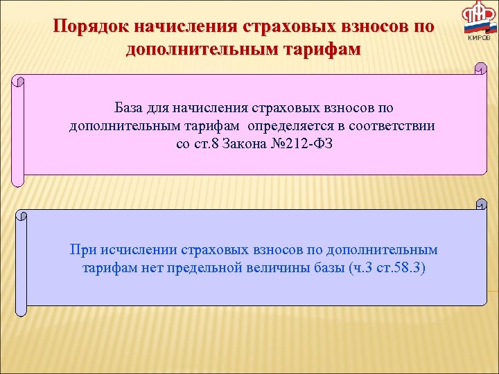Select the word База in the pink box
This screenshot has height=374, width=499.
pos(130,109)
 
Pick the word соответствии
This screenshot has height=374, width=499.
pos(397,126)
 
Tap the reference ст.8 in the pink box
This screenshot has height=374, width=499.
pos(209,144)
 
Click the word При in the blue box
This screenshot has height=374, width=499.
pos(81,249)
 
